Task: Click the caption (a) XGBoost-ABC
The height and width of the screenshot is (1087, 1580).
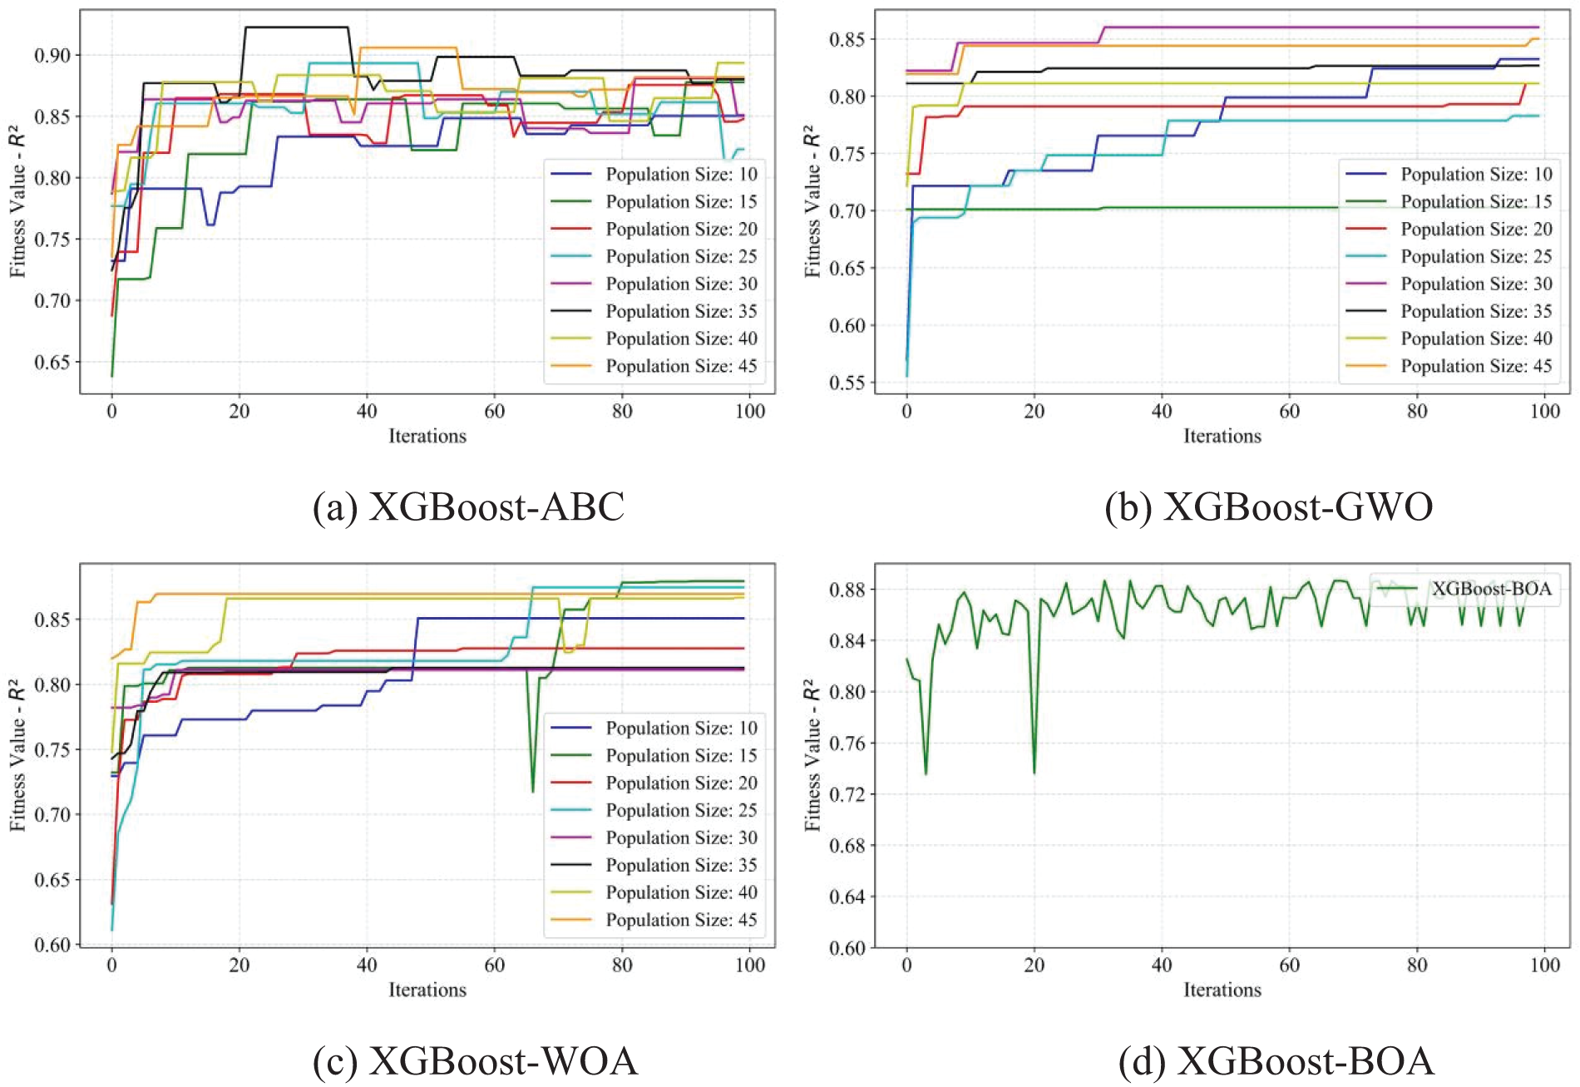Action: coord(468,506)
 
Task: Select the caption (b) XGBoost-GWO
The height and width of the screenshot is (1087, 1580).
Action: coord(1269,506)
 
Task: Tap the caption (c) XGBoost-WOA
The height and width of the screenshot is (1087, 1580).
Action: coord(475,1061)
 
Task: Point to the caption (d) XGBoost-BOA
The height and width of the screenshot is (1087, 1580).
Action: coord(1276,1061)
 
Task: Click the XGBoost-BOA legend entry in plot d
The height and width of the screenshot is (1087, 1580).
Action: coord(1491,589)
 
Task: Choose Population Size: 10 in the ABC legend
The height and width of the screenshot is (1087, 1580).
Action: coord(681,175)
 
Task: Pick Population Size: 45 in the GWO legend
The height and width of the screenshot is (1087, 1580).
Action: coord(1476,367)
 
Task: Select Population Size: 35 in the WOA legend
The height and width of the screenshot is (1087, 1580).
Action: coord(681,866)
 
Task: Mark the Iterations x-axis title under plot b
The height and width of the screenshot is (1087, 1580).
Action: coord(1222,436)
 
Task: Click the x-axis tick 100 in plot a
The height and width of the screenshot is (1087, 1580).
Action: coord(750,411)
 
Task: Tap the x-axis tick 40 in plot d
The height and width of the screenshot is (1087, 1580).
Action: coord(1162,965)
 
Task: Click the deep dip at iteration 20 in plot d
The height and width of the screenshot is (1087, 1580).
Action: coord(1034,773)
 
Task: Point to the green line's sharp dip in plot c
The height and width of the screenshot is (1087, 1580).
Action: coord(533,791)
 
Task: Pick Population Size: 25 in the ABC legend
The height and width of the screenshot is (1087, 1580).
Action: coord(681,257)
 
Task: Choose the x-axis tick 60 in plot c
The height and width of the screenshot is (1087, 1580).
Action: coord(495,965)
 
